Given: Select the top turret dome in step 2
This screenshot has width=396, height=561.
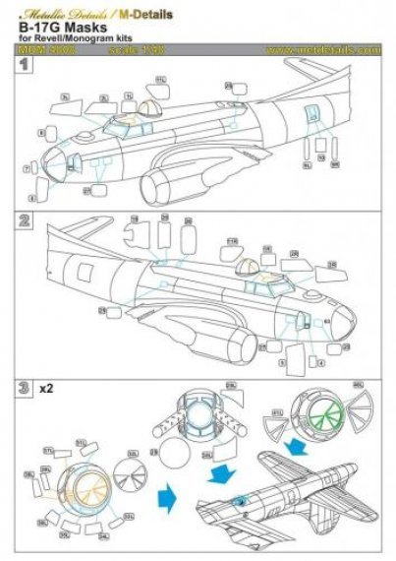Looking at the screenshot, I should [249, 264].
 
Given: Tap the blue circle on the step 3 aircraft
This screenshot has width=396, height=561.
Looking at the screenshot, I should [240, 502].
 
